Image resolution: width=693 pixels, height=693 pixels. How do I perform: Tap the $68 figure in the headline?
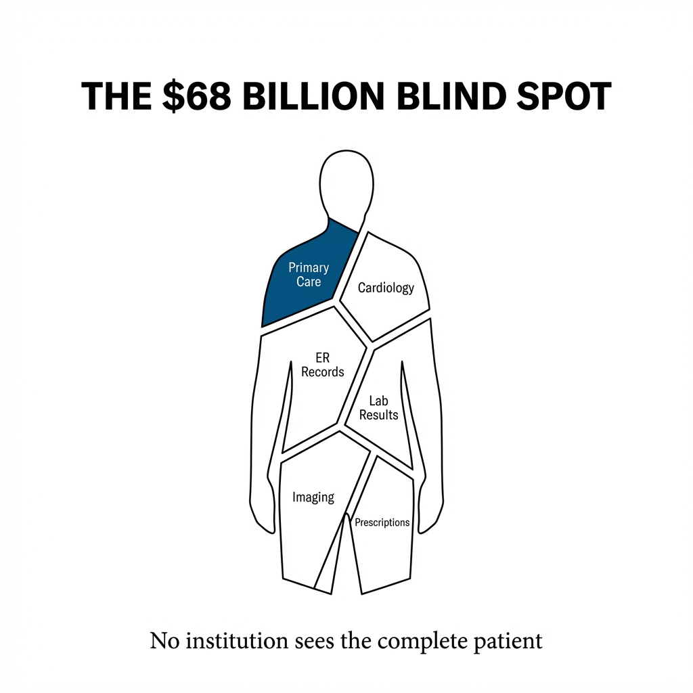197,96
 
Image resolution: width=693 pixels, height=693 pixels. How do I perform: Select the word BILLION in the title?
313,96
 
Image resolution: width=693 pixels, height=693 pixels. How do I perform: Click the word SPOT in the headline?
564,96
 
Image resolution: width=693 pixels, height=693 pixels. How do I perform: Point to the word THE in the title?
116,96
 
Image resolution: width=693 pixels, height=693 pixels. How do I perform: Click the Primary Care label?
309,275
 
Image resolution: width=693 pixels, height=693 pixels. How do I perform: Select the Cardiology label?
386,288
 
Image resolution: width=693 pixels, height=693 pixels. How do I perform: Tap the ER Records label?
323,365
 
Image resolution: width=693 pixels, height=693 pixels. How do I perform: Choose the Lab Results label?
379,408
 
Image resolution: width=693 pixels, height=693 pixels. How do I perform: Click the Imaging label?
313,497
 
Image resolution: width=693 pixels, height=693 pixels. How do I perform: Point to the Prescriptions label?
382,522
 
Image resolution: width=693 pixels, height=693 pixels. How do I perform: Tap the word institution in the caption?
237,640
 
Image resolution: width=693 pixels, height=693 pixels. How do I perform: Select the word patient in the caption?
508,642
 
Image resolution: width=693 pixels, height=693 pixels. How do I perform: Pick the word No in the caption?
164,641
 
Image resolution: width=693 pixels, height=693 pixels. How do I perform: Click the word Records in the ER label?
323,372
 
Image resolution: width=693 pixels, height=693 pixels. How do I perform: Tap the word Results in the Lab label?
379,415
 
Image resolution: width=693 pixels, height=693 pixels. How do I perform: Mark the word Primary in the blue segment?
309,268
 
